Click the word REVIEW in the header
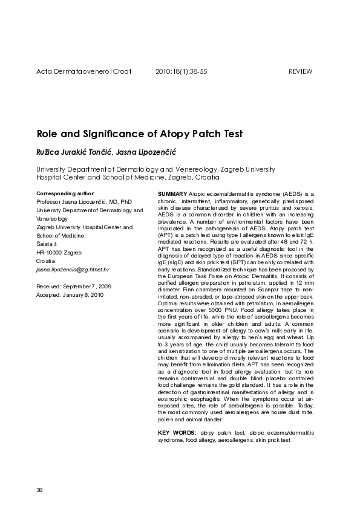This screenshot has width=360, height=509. click(301, 71)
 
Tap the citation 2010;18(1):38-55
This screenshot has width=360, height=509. click(182, 71)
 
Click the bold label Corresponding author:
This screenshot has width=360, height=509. click(62, 193)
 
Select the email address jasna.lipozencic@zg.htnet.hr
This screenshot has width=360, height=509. click(73, 269)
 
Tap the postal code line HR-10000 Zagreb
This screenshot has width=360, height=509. click(59, 252)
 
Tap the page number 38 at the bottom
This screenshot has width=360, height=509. click(39, 489)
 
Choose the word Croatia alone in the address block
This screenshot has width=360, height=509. click(45, 261)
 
